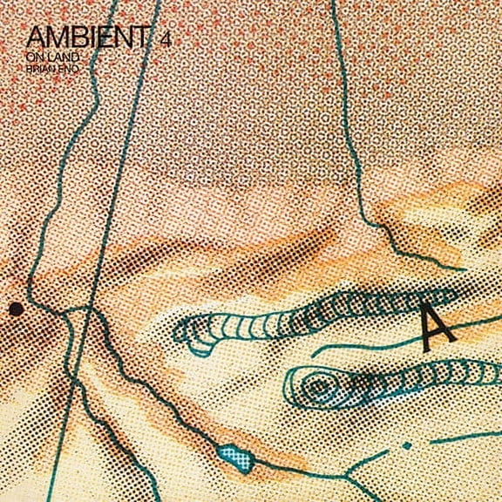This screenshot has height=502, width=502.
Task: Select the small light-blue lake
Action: [229, 452]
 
